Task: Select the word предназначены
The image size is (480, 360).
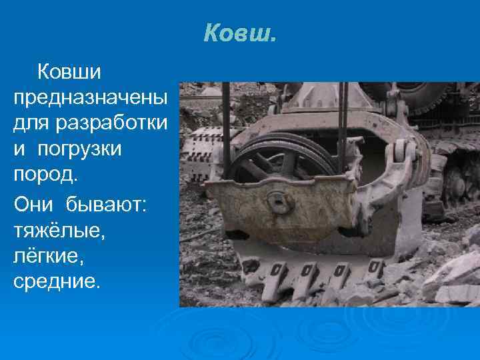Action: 90,98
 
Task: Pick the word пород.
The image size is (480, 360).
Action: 45,174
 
